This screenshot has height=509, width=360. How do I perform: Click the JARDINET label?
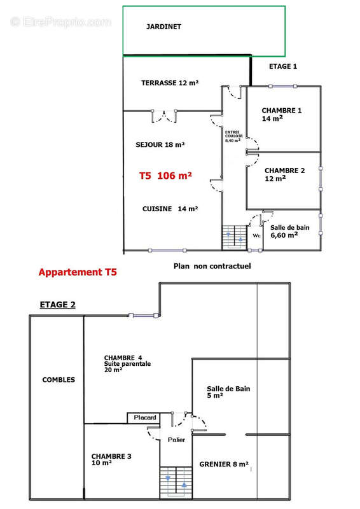[x=163, y=27]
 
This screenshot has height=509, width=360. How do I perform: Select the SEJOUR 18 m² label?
[x=160, y=145]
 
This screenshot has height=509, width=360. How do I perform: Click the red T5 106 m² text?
[x=165, y=176]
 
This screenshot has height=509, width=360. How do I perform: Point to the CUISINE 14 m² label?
[x=170, y=209]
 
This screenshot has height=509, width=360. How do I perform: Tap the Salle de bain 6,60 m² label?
[x=290, y=231]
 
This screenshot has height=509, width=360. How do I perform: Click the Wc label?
[x=257, y=235]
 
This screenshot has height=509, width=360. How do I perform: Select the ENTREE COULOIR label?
[x=232, y=136]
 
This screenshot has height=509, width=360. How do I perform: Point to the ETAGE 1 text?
[x=283, y=66]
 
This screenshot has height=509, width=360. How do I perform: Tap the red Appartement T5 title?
[x=78, y=272]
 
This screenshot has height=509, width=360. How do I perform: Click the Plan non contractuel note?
[x=212, y=265]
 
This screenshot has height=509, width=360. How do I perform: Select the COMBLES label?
[x=59, y=380]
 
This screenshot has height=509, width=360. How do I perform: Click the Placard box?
[x=144, y=417]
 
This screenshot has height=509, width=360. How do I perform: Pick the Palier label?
[x=176, y=440]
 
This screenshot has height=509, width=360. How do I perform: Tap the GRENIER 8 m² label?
[x=223, y=464]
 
